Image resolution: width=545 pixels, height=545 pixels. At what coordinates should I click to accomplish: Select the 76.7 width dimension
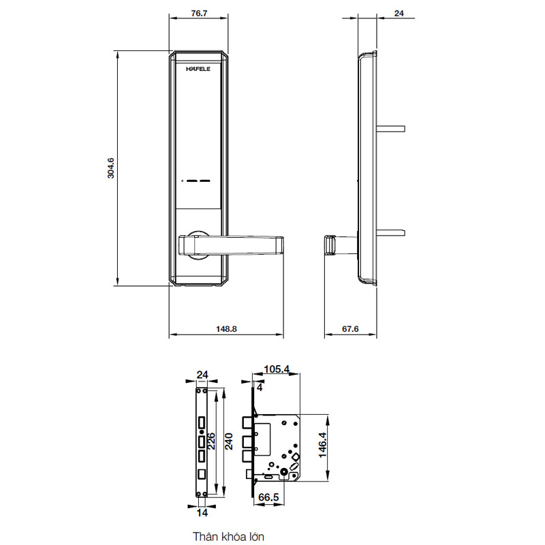point(198,13)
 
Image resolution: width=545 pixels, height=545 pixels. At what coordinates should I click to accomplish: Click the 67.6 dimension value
point(349,328)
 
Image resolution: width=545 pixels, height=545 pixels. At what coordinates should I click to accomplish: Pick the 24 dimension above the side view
point(399,13)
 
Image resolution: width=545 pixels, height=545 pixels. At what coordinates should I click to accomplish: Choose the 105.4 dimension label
point(277,369)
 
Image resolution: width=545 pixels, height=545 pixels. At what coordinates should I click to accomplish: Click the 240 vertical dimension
point(229,442)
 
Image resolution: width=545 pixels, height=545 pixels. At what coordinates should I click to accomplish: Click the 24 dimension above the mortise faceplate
point(202,374)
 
